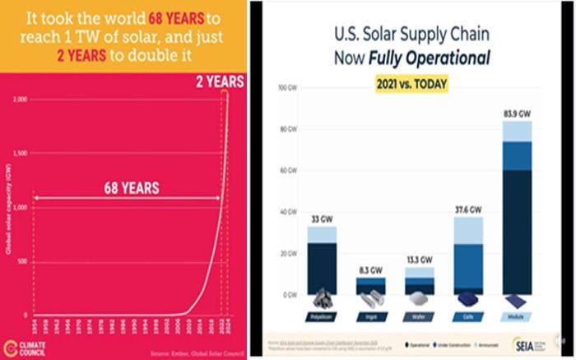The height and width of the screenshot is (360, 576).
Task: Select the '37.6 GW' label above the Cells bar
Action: tap(464, 209)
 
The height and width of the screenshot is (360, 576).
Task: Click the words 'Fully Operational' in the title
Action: tap(444, 60)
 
